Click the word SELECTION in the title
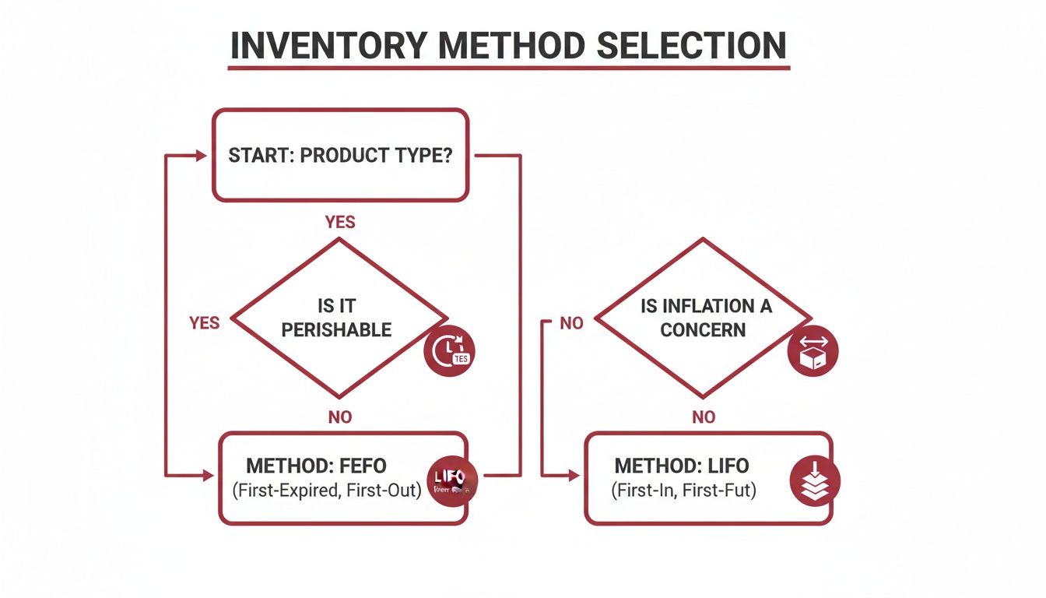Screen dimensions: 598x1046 click(691, 46)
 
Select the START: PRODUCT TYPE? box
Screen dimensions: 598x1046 click(340, 156)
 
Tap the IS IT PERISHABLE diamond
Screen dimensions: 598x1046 click(340, 317)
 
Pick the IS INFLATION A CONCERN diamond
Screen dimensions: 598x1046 click(704, 317)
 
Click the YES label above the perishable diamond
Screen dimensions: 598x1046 click(340, 222)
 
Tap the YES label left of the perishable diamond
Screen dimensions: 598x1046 click(204, 322)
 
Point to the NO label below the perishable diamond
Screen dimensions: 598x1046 click(340, 417)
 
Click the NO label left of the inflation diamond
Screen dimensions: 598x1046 click(571, 323)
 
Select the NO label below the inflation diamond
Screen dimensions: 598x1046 click(704, 417)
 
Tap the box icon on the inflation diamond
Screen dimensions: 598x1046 click(813, 351)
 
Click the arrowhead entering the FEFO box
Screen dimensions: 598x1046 click(208, 474)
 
